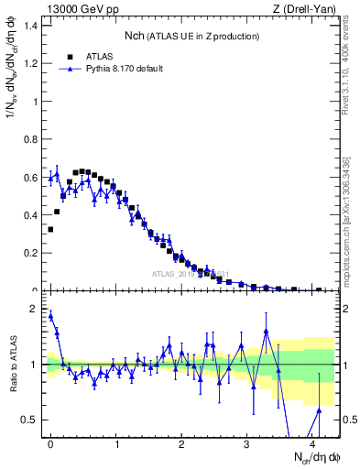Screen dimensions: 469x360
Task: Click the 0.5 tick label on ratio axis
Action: tap(30, 420)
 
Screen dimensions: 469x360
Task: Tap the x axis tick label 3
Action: tap(247, 443)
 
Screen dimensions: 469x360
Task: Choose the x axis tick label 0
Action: tap(50, 443)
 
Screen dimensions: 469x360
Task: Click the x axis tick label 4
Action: tap(312, 443)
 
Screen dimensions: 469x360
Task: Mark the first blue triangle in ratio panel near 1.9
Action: tap(51, 316)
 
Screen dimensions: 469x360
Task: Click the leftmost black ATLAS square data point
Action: tap(50, 229)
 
